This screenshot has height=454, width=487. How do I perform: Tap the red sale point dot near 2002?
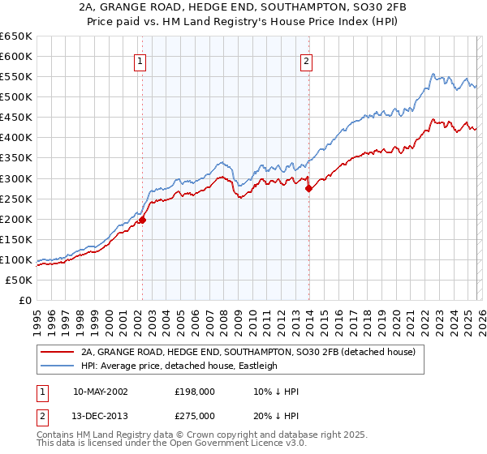pos(142,219)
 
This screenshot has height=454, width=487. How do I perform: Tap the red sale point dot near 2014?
pos(308,188)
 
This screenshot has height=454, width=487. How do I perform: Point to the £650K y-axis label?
pos(16,36)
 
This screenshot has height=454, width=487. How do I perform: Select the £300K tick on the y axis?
pos(16,178)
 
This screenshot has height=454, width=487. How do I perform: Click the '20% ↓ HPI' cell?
pos(276,417)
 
